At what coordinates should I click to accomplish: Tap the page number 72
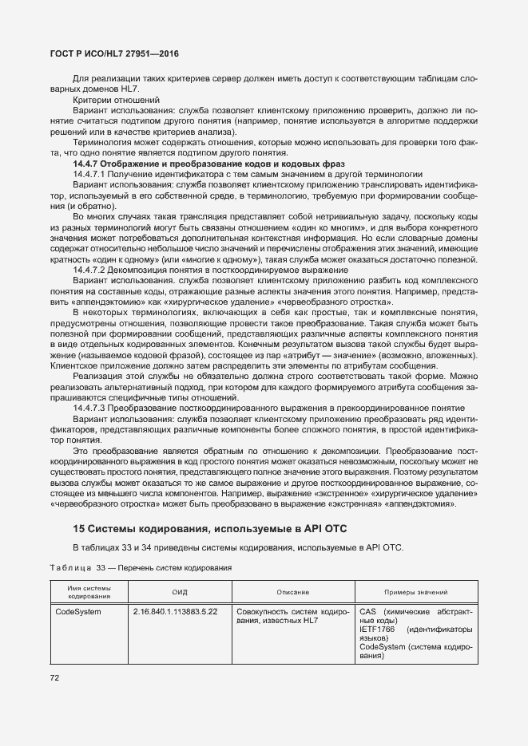[54, 678]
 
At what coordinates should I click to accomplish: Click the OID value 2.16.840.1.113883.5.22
[176, 611]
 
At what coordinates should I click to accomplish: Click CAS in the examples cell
[367, 611]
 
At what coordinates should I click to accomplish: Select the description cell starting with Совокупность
[292, 615]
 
